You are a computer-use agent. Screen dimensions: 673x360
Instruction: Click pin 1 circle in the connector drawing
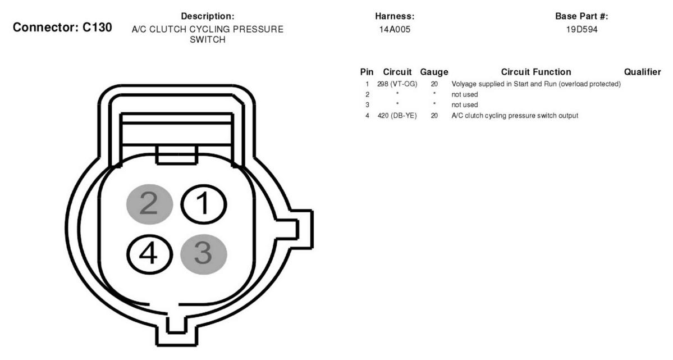[203, 204]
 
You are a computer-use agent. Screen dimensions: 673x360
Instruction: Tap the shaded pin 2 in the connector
[149, 204]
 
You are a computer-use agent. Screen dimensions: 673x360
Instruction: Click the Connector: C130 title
[62, 28]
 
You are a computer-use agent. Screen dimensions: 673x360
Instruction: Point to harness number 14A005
[395, 30]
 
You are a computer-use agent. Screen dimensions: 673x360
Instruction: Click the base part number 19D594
[582, 30]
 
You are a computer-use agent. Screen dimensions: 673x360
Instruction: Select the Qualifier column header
[642, 72]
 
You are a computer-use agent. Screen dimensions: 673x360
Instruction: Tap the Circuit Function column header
[535, 72]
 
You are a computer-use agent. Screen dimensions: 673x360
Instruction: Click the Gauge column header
[434, 72]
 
